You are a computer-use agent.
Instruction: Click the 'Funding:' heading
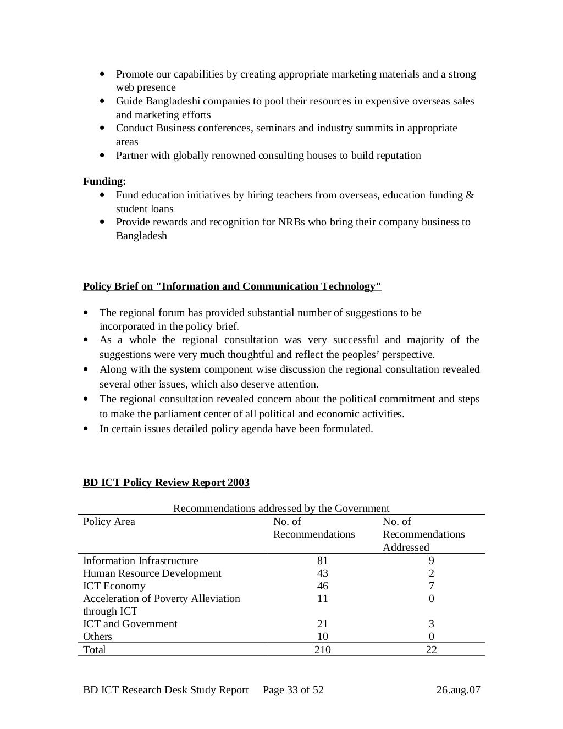point(104,181)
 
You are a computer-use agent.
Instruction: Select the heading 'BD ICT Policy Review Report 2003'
point(166,483)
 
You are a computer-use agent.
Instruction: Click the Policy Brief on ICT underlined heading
point(232,286)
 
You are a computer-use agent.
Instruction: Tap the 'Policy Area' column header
point(109,522)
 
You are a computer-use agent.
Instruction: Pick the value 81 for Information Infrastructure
point(322,561)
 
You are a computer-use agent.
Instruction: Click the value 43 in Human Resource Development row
point(322,573)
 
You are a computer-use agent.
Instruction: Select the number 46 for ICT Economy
point(322,586)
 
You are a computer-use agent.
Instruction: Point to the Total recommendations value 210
point(322,650)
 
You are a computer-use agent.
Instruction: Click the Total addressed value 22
point(432,650)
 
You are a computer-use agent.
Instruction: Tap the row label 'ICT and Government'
point(130,624)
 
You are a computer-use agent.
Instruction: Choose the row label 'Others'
point(97,637)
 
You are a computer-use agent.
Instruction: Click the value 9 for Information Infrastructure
point(432,561)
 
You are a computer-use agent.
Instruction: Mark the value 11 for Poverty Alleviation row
point(322,599)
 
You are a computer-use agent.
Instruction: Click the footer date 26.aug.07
point(458,690)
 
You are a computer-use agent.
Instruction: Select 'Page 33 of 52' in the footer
point(293,690)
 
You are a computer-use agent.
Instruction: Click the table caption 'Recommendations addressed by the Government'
point(281,509)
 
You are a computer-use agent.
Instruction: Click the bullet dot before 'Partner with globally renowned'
point(103,156)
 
